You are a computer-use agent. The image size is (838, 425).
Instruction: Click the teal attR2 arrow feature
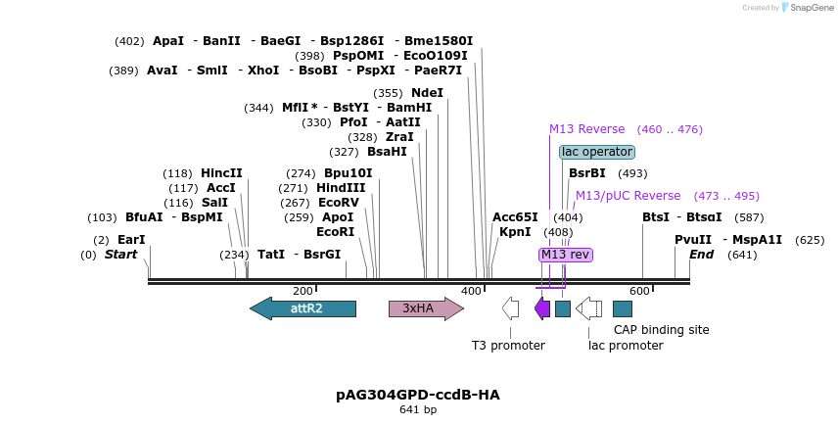(303, 308)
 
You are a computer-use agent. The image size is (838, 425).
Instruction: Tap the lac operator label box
(597, 152)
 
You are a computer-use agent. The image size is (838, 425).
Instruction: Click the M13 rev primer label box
(566, 255)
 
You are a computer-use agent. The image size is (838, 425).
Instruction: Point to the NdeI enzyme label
(427, 93)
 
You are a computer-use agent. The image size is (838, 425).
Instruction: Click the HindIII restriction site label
(341, 188)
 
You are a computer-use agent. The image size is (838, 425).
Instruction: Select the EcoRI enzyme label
(335, 232)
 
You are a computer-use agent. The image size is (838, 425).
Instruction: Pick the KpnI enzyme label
(515, 232)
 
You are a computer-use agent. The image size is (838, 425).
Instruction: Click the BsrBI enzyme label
(587, 173)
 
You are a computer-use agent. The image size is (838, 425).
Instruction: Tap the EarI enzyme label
(131, 240)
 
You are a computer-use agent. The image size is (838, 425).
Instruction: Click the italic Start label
(120, 255)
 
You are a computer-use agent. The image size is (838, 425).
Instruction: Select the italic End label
(701, 255)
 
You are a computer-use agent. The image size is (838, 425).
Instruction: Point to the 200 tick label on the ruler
(303, 291)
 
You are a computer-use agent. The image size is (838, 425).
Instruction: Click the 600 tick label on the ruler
(639, 291)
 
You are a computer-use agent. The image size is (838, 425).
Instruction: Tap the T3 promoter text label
(508, 346)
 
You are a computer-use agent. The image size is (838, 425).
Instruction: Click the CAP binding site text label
(661, 330)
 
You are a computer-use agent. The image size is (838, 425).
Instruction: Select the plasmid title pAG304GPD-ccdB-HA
(418, 395)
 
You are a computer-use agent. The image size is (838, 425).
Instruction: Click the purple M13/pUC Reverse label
(628, 196)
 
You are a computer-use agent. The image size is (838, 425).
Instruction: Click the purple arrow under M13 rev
(542, 308)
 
